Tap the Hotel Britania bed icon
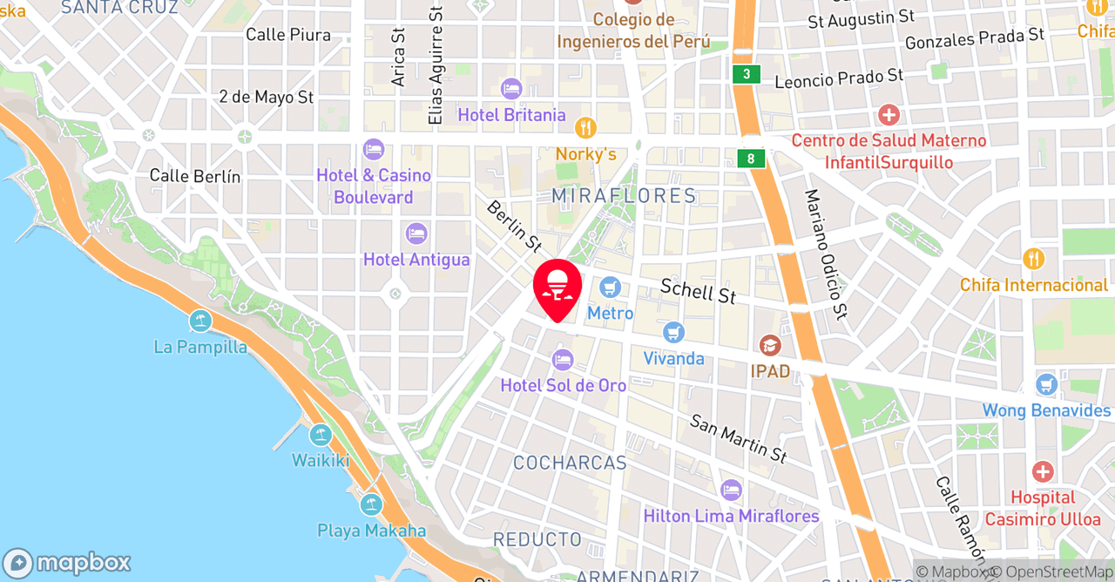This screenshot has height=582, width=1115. [x=511, y=89]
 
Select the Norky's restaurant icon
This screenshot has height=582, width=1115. [x=586, y=128]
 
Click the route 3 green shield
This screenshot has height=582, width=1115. [x=747, y=74]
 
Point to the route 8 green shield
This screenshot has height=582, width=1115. [x=751, y=159]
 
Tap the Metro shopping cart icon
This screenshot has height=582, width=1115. [x=611, y=286]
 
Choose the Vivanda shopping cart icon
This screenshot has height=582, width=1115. [x=673, y=332]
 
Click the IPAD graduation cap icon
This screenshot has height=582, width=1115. [x=770, y=346]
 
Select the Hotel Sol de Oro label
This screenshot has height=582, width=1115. [x=564, y=385]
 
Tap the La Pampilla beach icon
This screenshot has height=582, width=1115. [x=200, y=321]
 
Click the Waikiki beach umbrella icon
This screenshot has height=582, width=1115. [x=321, y=435]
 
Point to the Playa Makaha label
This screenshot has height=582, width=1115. [x=372, y=531]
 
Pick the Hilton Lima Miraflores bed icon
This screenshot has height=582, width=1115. [x=731, y=490]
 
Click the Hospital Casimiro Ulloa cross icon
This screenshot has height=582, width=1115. [x=1043, y=472]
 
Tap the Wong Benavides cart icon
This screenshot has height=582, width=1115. [x=1046, y=384]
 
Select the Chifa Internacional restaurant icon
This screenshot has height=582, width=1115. [x=1033, y=259]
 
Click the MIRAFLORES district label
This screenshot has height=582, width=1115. [x=625, y=195]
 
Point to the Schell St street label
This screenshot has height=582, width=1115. [x=698, y=291]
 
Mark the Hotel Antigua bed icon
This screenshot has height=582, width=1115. [x=416, y=233]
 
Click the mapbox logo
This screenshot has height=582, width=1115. [x=66, y=563]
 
